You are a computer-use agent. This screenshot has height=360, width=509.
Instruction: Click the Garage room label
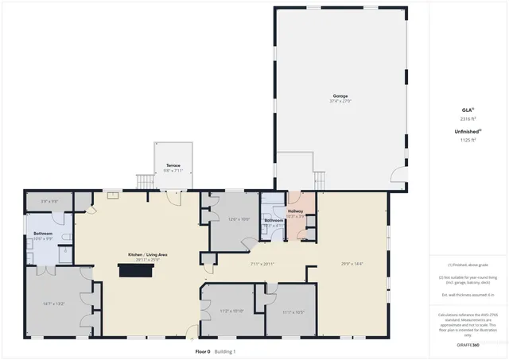(x=340, y=95)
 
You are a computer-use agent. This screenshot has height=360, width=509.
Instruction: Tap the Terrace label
(x=173, y=165)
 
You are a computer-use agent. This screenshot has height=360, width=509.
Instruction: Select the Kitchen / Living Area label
(x=151, y=255)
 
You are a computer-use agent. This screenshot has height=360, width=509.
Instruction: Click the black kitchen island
(x=135, y=270)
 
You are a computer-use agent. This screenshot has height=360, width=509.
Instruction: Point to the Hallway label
(x=296, y=211)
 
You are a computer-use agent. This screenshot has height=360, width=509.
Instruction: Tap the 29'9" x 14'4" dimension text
(x=352, y=264)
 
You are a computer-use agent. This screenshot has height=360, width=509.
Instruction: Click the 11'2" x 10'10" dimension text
(x=231, y=312)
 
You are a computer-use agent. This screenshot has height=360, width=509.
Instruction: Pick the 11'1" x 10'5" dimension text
(x=293, y=312)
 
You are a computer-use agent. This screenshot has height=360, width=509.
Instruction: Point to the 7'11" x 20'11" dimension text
(x=262, y=264)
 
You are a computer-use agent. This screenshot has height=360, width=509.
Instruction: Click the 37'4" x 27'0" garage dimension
(x=340, y=101)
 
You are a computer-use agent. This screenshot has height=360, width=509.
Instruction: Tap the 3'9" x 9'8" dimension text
(x=50, y=201)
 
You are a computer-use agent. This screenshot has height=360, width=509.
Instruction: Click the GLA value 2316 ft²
(x=467, y=118)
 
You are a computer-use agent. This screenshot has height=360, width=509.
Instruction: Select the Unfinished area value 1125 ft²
(x=467, y=140)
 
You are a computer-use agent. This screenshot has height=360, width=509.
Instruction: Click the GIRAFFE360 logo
(x=467, y=346)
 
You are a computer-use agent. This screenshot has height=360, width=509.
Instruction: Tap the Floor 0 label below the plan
(x=203, y=351)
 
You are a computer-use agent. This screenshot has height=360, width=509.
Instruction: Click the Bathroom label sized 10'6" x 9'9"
(x=43, y=234)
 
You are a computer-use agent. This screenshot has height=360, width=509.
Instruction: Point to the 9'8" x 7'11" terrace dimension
(x=173, y=171)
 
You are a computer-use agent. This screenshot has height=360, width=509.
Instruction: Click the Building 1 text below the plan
(x=224, y=351)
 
